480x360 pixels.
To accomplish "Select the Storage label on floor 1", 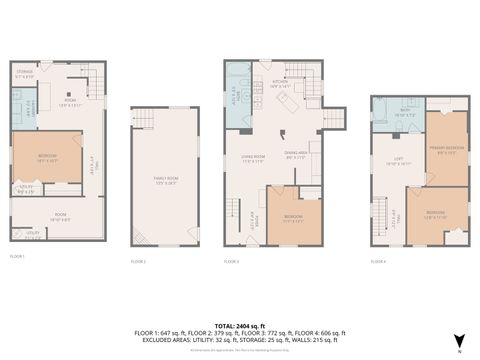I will point(28,74).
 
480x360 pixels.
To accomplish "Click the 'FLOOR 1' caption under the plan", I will point(17,257).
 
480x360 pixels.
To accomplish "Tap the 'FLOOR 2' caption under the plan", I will point(138,261).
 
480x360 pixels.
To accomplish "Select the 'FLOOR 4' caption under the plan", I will point(378,261).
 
